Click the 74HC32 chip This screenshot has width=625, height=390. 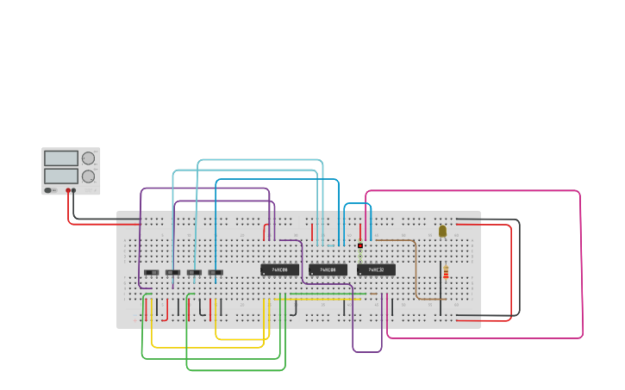(x=376, y=269)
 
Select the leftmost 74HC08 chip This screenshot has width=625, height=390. (x=279, y=269)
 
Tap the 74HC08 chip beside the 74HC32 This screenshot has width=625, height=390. (x=328, y=269)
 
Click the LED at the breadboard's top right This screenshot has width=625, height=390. (x=442, y=231)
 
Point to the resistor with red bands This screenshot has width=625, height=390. (x=446, y=272)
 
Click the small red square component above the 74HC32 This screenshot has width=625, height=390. (x=360, y=245)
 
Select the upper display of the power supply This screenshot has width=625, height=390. (x=60, y=158)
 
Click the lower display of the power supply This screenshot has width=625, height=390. (x=60, y=176)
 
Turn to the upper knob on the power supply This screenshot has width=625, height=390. (x=88, y=158)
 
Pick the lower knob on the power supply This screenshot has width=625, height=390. (x=88, y=176)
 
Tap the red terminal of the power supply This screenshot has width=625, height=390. (x=68, y=190)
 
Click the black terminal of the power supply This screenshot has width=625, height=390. (x=74, y=190)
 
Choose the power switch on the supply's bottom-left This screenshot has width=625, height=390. (x=50, y=190)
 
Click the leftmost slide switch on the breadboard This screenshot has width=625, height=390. (x=151, y=273)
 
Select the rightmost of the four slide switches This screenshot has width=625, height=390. (x=216, y=273)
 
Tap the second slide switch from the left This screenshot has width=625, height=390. (x=172, y=273)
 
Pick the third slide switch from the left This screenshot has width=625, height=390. (x=194, y=273)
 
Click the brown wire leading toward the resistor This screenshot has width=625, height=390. (x=416, y=267)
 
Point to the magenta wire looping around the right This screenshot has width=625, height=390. (x=581, y=258)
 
